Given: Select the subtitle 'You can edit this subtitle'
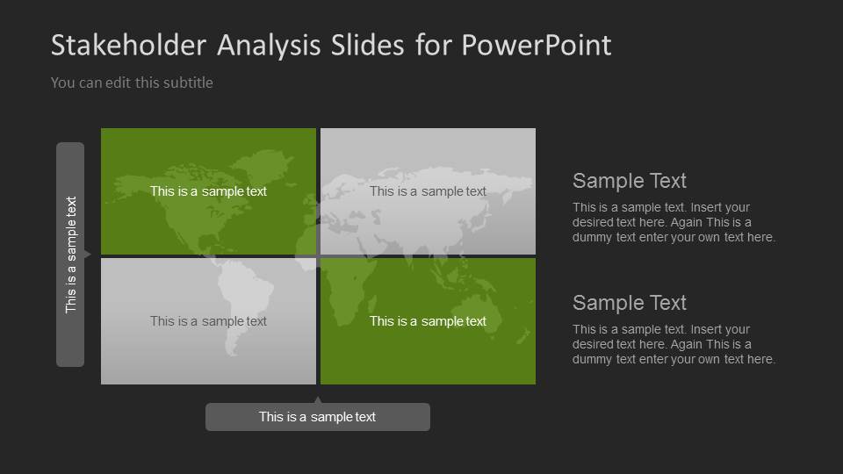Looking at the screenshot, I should (132, 83).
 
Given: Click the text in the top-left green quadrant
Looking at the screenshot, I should (208, 191).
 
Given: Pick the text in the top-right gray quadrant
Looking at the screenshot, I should (428, 191).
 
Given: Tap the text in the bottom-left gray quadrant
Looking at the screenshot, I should (208, 321).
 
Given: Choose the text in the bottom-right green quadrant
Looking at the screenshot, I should (428, 321).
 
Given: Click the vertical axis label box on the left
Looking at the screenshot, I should (70, 255).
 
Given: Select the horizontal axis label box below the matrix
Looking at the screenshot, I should (317, 417).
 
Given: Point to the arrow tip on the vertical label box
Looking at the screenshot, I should (88, 255).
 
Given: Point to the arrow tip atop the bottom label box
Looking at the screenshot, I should (318, 400).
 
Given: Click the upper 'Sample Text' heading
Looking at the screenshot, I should (629, 181).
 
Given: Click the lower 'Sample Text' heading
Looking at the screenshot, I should (629, 303).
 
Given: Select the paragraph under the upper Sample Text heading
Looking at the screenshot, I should (674, 222).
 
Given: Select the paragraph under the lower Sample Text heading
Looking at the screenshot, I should (674, 344).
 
